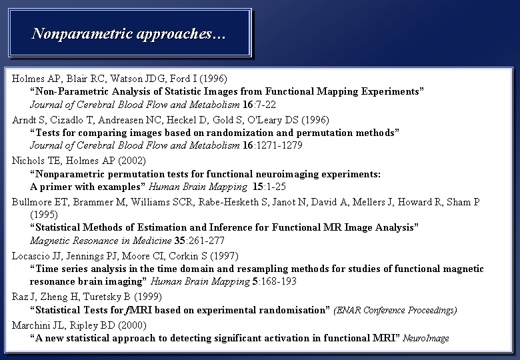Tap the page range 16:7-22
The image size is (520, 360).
click(259, 105)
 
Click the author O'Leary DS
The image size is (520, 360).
click(273, 120)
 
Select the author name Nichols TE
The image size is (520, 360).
click(36, 161)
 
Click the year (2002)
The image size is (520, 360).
click(131, 161)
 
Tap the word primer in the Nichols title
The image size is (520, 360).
click(55, 187)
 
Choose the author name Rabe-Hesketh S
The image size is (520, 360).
click(233, 202)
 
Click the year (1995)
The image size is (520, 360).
click(44, 215)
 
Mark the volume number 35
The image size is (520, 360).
click(180, 240)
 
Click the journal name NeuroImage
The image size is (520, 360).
click(426, 338)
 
